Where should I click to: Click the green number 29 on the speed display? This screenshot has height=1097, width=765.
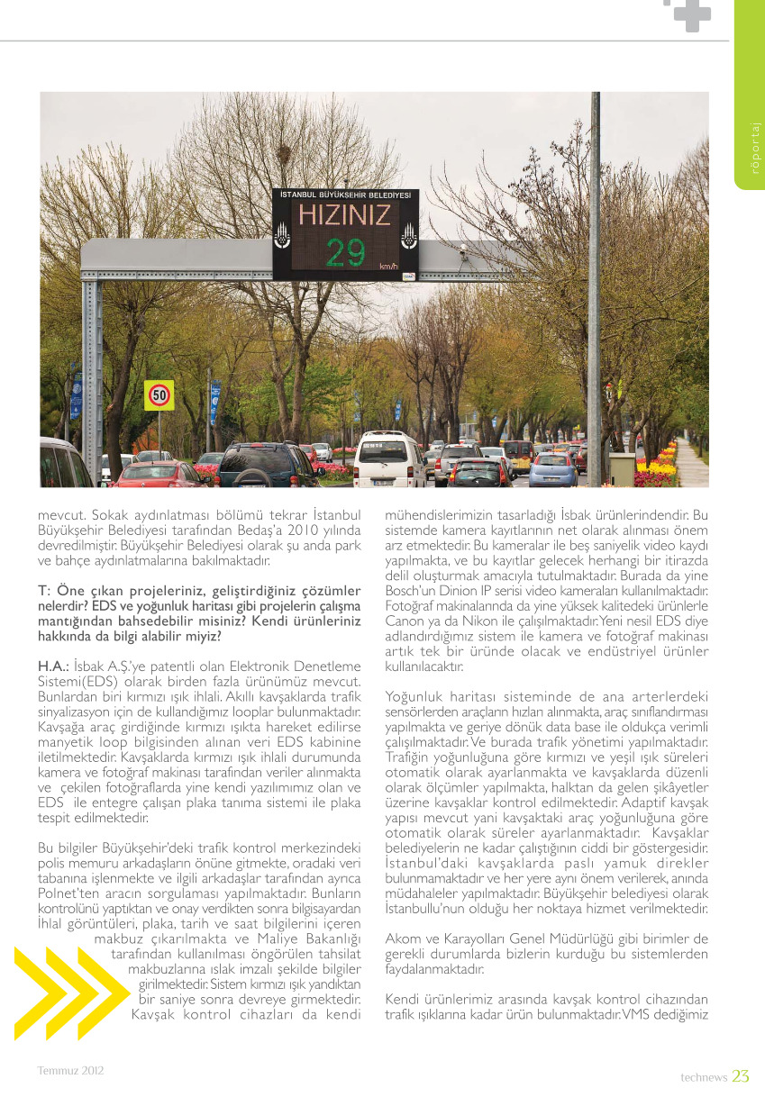[346, 253]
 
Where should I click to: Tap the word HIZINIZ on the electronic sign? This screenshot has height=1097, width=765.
[345, 215]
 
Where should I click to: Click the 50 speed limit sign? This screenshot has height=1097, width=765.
[159, 394]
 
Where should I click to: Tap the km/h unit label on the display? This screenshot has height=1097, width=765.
[388, 267]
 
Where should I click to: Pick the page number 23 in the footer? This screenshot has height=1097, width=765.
[741, 1076]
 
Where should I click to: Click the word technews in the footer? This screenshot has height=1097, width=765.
[703, 1077]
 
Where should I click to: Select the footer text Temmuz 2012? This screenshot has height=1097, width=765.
[70, 1071]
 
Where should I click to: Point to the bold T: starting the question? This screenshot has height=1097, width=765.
[42, 591]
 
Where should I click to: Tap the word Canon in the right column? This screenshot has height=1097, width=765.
[405, 621]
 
